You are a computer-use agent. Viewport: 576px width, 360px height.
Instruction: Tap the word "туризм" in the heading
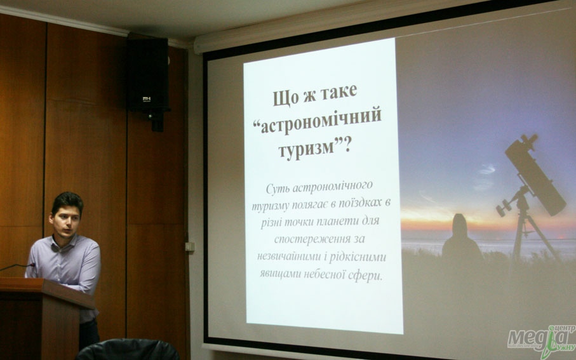tap(306, 149)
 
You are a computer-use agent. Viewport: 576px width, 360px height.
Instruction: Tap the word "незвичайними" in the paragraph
tap(289, 256)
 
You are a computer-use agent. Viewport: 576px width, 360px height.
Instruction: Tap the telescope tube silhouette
tap(535, 175)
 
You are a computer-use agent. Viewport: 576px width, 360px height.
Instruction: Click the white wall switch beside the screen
tap(190, 246)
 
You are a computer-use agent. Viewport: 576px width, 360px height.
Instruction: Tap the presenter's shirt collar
tap(65, 243)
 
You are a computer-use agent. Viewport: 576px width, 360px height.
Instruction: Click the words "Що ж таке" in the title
tap(315, 94)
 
